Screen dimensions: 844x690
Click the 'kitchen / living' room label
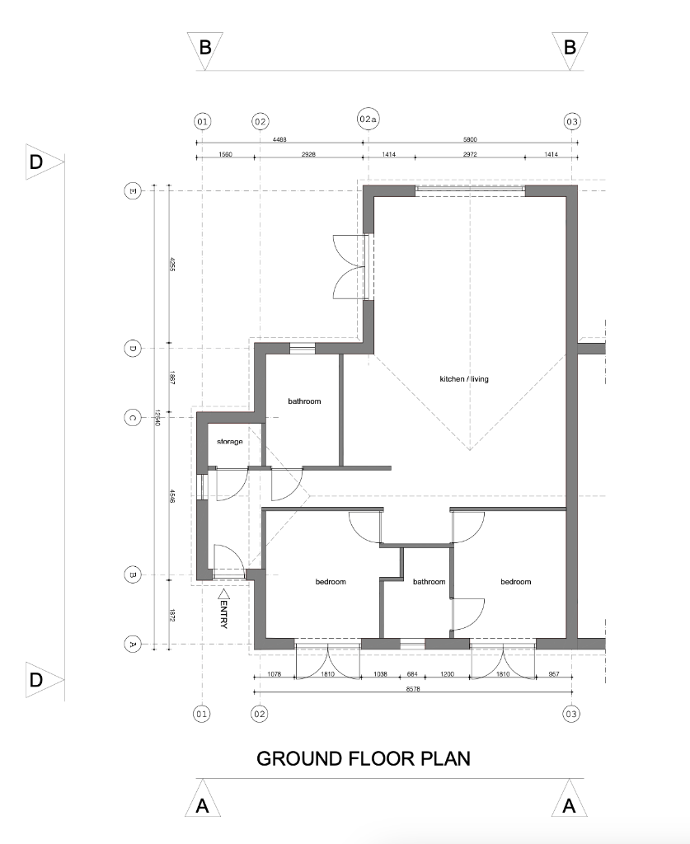click(464, 379)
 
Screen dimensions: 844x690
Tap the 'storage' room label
click(230, 443)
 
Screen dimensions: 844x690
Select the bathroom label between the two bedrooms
click(429, 582)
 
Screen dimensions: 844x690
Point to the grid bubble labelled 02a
click(368, 120)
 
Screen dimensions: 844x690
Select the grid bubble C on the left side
click(131, 417)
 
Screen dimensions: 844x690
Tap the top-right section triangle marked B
click(570, 46)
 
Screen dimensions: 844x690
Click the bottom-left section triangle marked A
click(204, 804)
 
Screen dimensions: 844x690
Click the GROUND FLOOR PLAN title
click(364, 758)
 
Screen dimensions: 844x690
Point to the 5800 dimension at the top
click(470, 140)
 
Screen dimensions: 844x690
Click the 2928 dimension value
click(311, 155)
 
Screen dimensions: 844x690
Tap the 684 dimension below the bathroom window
click(411, 674)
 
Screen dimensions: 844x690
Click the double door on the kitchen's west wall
click(350, 267)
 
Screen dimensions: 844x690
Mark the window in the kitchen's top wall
click(470, 190)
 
